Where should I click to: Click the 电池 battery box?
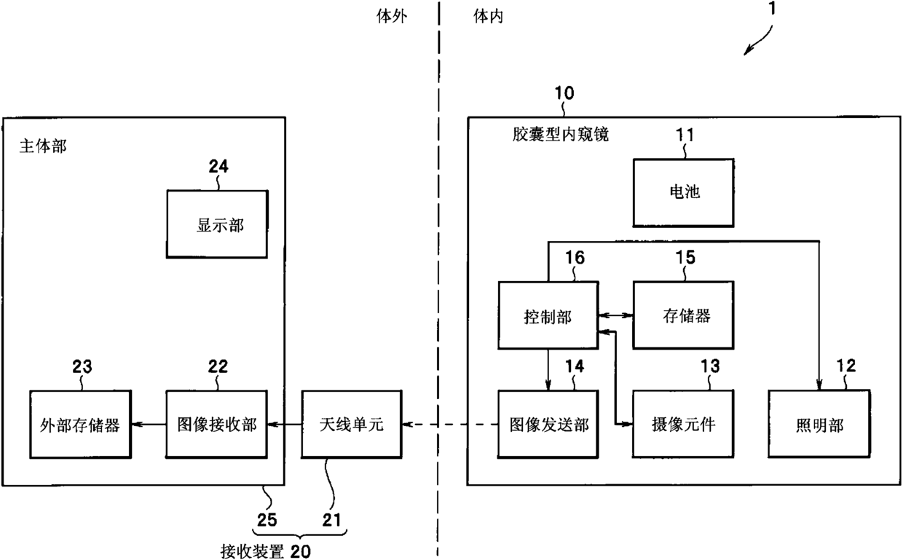click(x=683, y=192)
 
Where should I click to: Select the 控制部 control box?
click(x=548, y=315)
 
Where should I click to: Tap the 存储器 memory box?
click(x=683, y=315)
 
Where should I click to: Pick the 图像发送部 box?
click(x=548, y=424)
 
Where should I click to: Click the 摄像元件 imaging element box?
click(x=683, y=424)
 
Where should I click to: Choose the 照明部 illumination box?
click(x=819, y=424)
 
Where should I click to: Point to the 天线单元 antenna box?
click(x=352, y=424)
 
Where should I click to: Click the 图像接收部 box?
click(x=216, y=424)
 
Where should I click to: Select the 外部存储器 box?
click(x=81, y=424)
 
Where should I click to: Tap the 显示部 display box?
click(x=217, y=224)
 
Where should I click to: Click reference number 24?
click(x=218, y=166)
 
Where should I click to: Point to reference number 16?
click(x=575, y=257)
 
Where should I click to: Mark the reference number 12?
click(x=845, y=366)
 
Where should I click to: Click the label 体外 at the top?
click(x=392, y=17)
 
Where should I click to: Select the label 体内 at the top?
click(x=488, y=17)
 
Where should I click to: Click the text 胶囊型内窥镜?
click(x=560, y=134)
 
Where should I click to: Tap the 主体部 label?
click(x=43, y=146)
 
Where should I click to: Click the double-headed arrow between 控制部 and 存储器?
click(x=615, y=315)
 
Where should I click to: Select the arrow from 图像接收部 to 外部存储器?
click(x=149, y=424)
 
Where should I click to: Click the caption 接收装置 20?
click(x=266, y=551)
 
